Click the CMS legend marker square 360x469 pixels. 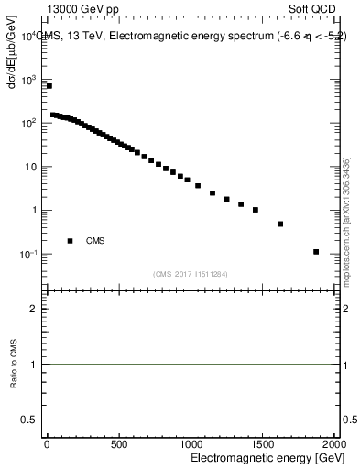pos(70,241)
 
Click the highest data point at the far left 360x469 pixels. pos(49,86)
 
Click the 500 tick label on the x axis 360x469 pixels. pos(118,444)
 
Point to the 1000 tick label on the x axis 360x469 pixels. pos(191,444)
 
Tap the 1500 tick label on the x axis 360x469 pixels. pos(263,444)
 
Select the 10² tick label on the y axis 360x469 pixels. pos(28,122)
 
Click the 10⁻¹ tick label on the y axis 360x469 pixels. pos(28,254)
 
